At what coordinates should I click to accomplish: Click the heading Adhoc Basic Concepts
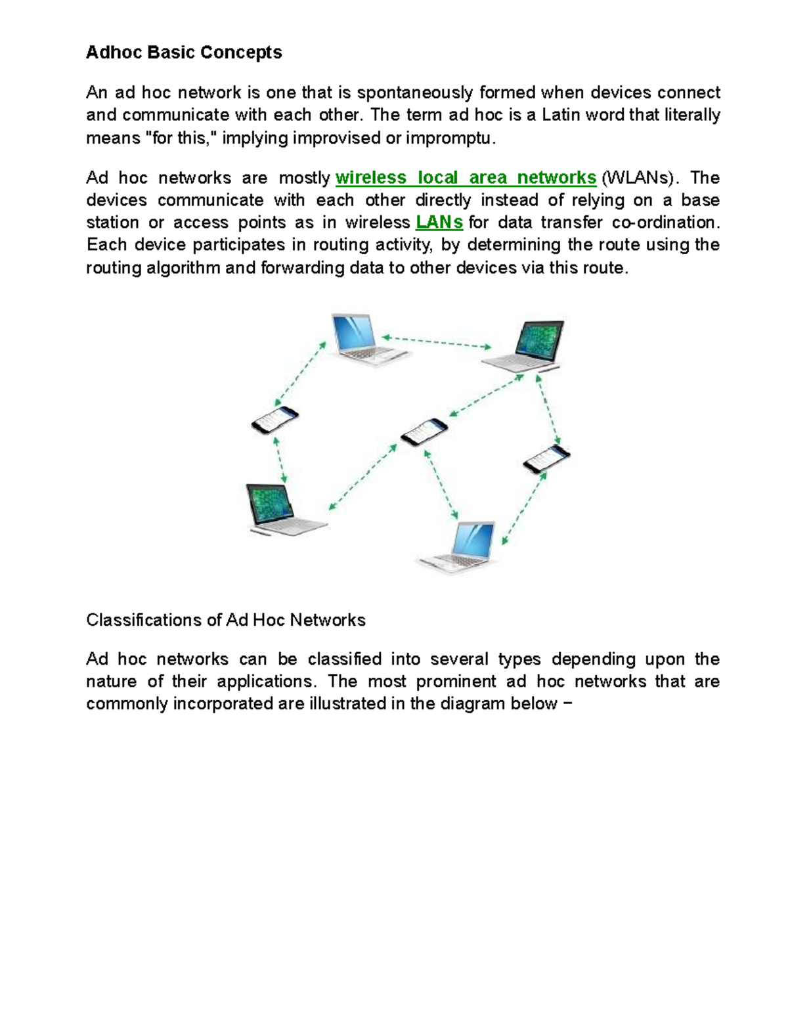pyautogui.click(x=184, y=53)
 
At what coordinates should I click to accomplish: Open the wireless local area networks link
pyautogui.click(x=466, y=178)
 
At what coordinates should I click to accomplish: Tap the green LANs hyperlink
pyautogui.click(x=439, y=223)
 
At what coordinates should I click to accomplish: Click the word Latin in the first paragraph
pyautogui.click(x=562, y=115)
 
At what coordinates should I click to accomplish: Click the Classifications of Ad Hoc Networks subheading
pyautogui.click(x=225, y=620)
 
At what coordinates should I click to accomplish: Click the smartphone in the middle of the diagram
pyautogui.click(x=424, y=432)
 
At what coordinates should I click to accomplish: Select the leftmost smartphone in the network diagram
pyautogui.click(x=274, y=420)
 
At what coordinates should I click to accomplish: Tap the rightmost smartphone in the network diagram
pyautogui.click(x=546, y=458)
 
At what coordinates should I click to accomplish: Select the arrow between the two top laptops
pyautogui.click(x=437, y=342)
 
